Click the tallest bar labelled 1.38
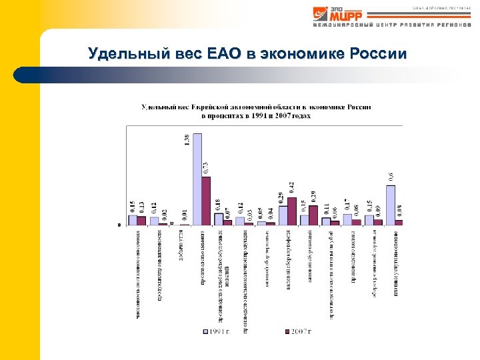pyautogui.click(x=197, y=179)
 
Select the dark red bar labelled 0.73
pyautogui.click(x=206, y=200)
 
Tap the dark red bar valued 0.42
pyautogui.click(x=291, y=211)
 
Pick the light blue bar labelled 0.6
pyautogui.click(x=390, y=204)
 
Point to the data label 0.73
pyautogui.click(x=205, y=168)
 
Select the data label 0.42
pyautogui.click(x=291, y=189)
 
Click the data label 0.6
pyautogui.click(x=390, y=177)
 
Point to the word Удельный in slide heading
pyautogui.click(x=120, y=54)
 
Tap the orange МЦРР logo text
pyautogui.click(x=347, y=14)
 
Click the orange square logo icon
pyautogui.click(x=321, y=14)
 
